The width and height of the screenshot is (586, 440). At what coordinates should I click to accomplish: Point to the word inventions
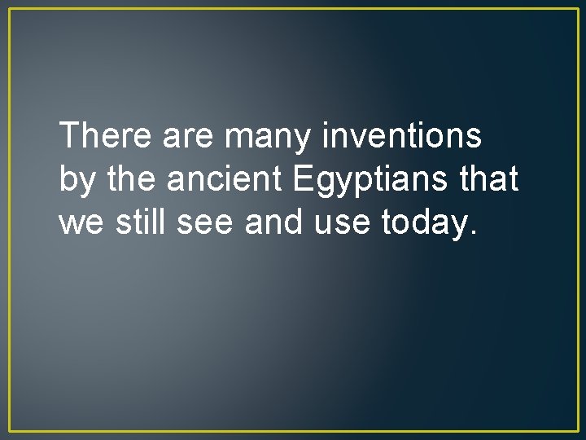point(401,136)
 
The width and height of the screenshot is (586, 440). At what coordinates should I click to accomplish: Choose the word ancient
point(220,178)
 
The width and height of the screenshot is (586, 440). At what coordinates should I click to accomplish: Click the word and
point(274,221)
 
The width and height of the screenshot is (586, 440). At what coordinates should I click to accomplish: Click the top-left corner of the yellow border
point(10,9)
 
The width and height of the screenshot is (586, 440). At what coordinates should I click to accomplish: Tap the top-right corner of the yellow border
point(576,9)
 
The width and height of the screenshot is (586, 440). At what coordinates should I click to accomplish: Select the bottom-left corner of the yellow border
point(10,431)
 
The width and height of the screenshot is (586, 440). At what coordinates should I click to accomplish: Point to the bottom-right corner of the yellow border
point(576,431)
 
